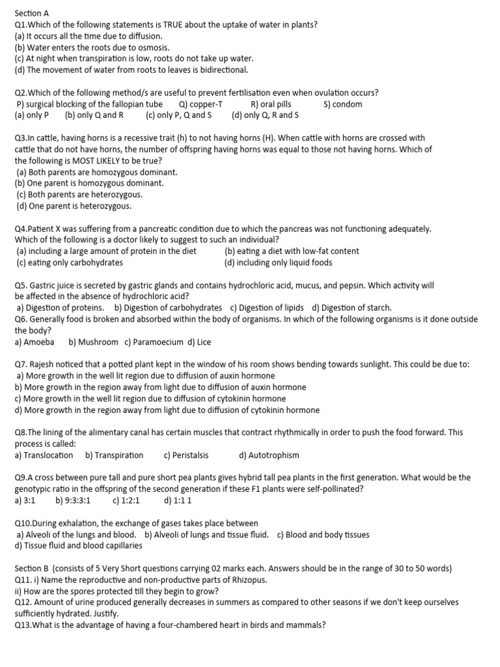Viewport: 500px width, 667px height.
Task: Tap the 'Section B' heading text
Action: [31, 568]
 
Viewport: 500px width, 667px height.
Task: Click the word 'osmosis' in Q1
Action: [154, 48]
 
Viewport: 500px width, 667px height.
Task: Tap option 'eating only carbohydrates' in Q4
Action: [70, 263]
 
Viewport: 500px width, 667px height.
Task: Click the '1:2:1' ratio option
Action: [126, 500]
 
